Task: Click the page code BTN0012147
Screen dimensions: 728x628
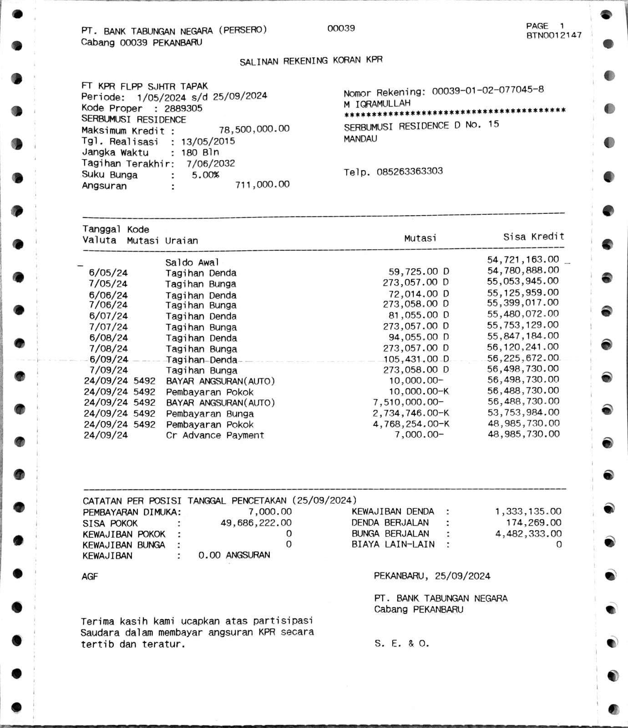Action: click(554, 35)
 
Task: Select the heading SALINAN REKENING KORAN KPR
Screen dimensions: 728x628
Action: click(311, 61)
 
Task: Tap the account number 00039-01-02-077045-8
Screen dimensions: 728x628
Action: click(487, 90)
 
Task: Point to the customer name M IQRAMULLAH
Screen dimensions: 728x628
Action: click(377, 104)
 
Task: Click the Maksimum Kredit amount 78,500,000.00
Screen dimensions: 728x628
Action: click(254, 129)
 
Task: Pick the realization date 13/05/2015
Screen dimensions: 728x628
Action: click(208, 142)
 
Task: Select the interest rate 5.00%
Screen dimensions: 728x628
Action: click(205, 175)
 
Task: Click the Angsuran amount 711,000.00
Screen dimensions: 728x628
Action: click(262, 184)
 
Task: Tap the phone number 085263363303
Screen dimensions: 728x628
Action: click(409, 172)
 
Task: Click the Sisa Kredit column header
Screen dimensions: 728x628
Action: click(533, 237)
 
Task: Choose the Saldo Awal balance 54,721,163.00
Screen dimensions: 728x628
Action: click(523, 260)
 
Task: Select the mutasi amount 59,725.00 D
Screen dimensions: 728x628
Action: click(418, 272)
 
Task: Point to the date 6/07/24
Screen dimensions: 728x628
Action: click(108, 316)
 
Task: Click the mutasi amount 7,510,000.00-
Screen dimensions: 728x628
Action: click(408, 402)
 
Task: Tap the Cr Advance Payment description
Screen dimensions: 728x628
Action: click(215, 435)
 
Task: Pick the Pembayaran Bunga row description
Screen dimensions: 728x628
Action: click(210, 414)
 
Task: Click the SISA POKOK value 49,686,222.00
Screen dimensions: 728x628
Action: click(256, 523)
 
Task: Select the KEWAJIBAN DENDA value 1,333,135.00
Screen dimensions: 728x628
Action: click(528, 511)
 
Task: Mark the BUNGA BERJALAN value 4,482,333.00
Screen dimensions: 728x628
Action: click(528, 533)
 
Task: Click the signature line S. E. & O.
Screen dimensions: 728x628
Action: click(402, 643)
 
